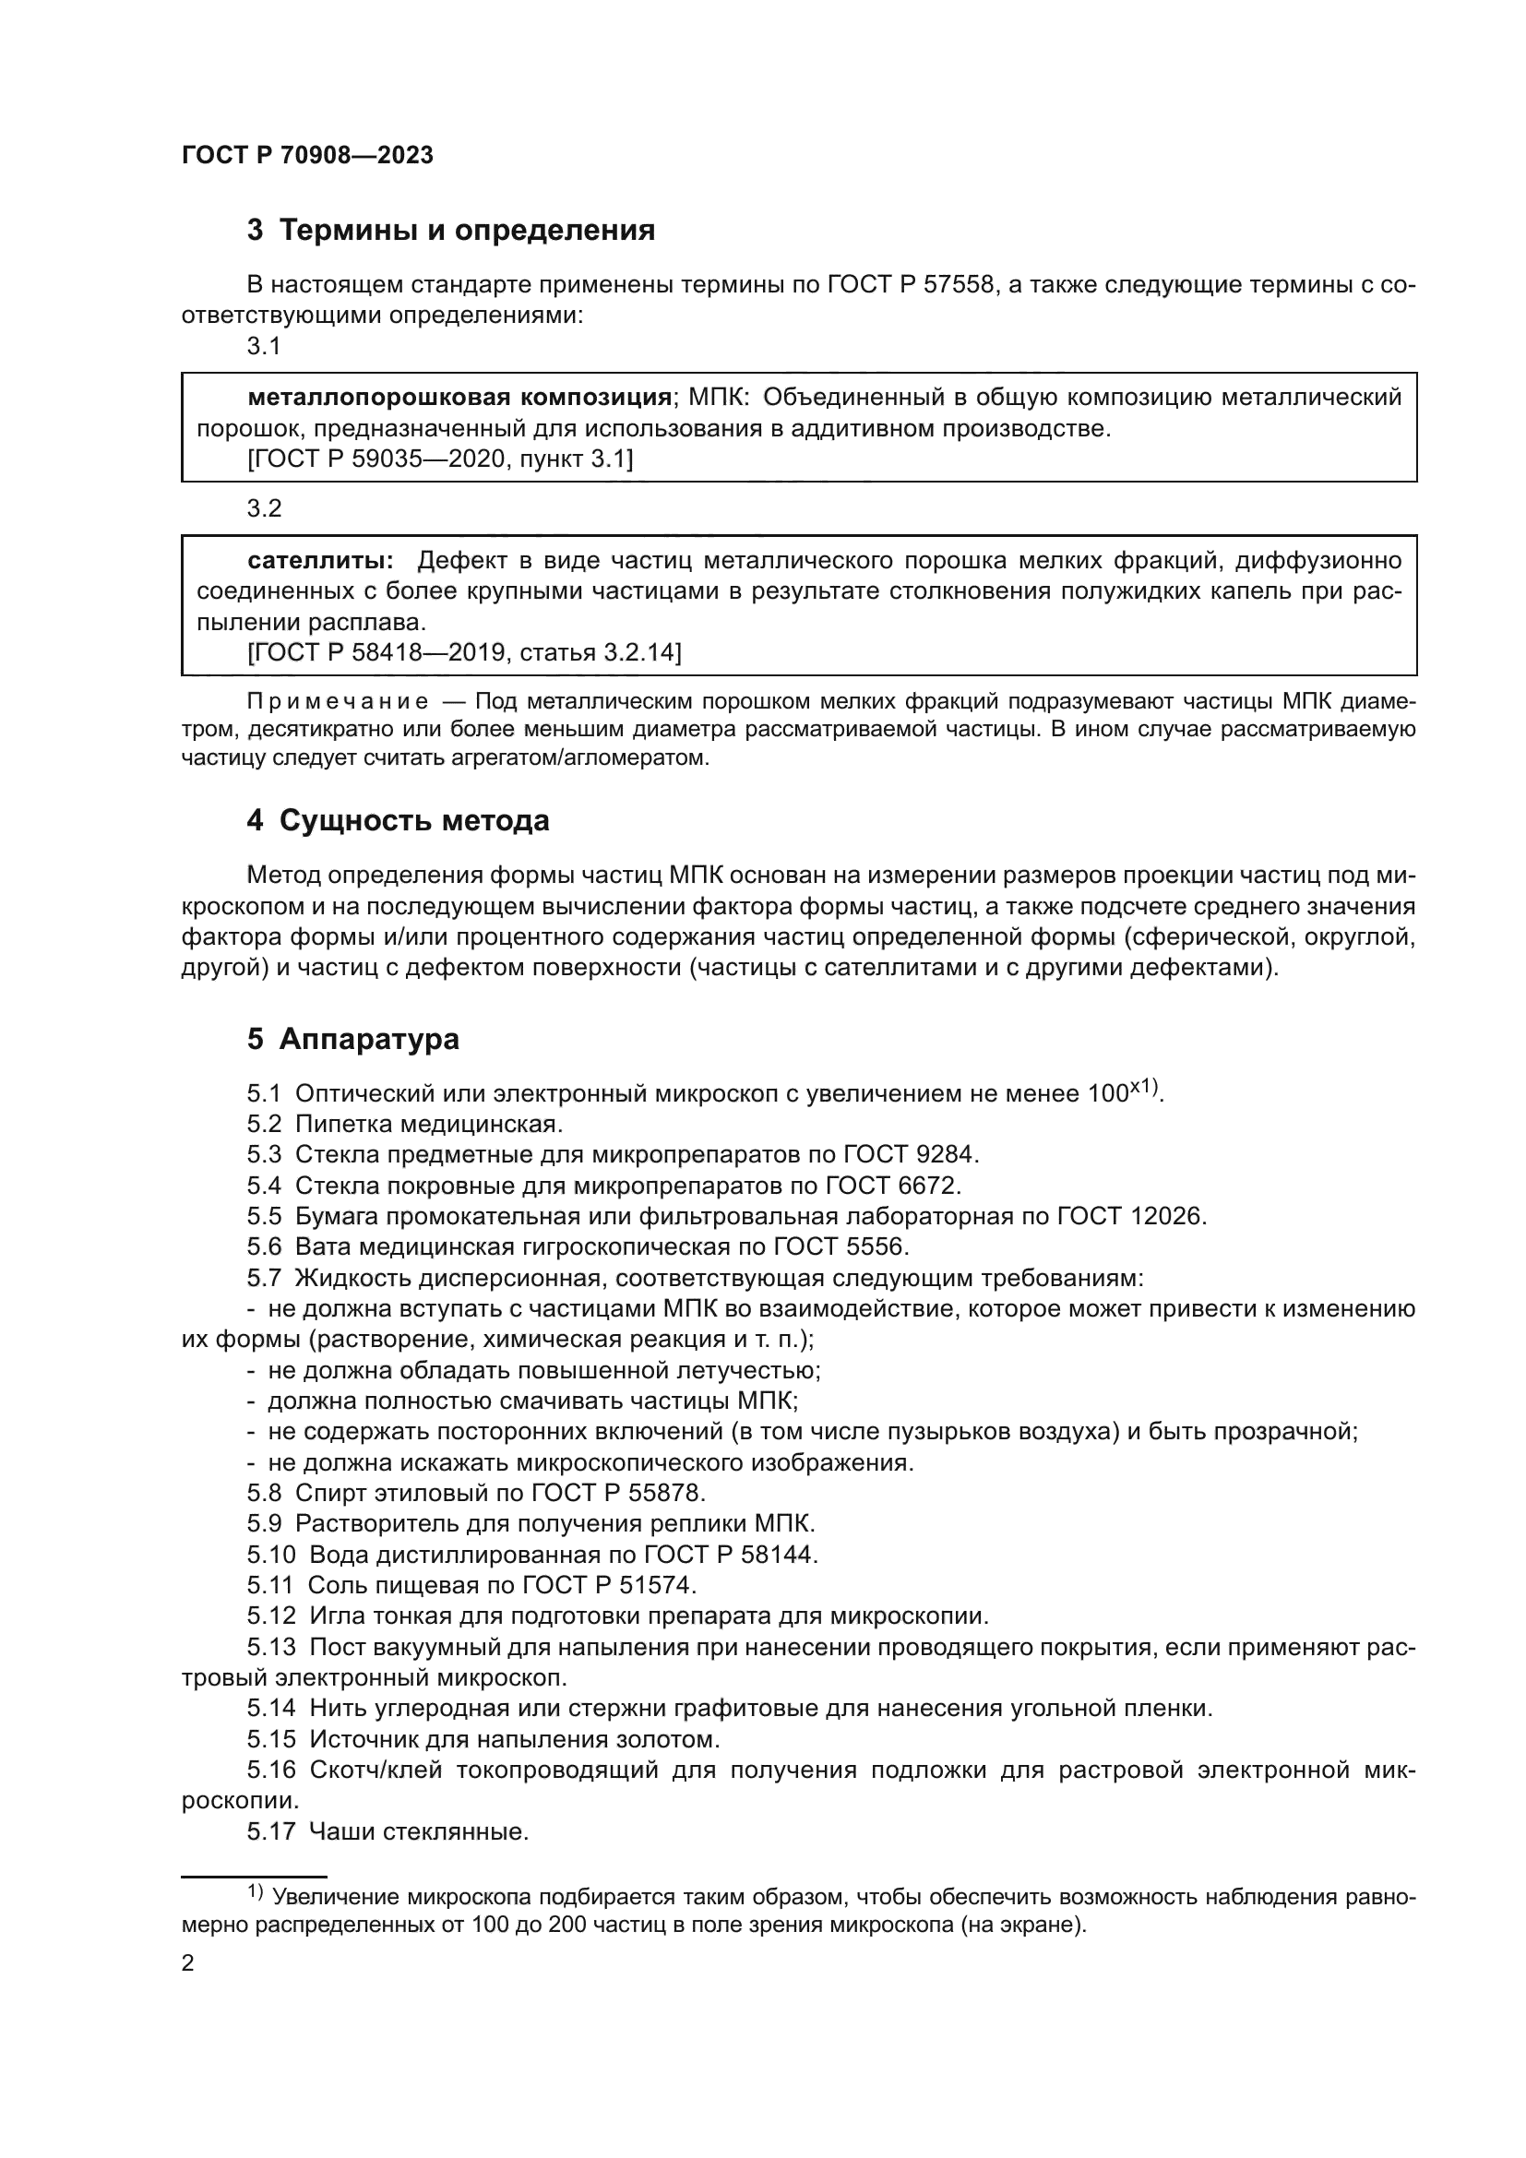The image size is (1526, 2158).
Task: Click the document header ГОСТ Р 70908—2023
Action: (307, 156)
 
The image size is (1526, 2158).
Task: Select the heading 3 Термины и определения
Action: (451, 231)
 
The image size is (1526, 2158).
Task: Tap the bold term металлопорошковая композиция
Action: (459, 398)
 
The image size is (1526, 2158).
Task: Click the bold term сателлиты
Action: (320, 561)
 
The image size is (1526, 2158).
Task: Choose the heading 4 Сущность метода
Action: (398, 820)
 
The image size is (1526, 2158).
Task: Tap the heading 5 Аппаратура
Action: (353, 1039)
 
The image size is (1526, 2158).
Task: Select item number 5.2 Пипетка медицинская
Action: (405, 1124)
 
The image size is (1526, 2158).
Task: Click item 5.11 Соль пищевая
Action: (470, 1586)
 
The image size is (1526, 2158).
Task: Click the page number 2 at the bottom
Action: (188, 1963)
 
